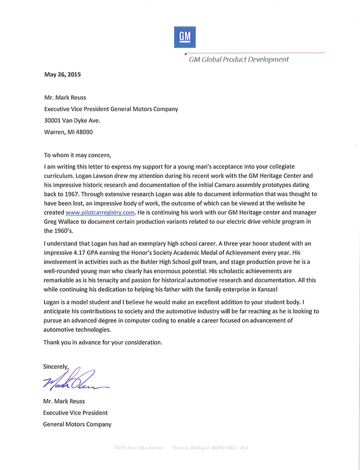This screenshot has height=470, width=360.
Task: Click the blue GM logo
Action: [185, 37]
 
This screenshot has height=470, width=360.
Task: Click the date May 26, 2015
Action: [62, 75]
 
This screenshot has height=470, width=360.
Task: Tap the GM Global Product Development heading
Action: [239, 59]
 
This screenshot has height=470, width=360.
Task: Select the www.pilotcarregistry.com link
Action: [100, 213]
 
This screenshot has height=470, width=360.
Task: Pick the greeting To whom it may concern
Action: [78, 155]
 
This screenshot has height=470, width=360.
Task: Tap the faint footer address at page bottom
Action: [181, 448]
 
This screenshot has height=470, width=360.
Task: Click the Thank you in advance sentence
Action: [103, 342]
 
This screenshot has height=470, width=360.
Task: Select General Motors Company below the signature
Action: [77, 425]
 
